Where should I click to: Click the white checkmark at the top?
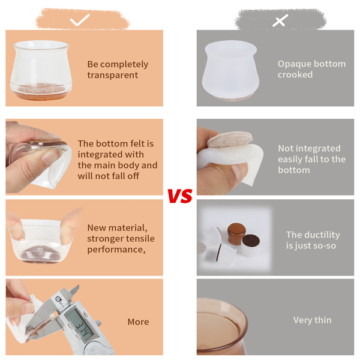(79, 20)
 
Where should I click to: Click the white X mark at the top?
(280, 20)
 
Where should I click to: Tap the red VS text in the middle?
(180, 196)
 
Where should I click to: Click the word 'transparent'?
(113, 75)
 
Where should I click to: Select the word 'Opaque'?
(293, 64)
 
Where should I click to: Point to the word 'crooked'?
(295, 74)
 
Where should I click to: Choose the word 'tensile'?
(140, 239)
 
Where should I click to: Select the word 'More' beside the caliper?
(138, 322)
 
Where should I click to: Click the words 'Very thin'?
(312, 320)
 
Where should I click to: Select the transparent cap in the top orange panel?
(41, 70)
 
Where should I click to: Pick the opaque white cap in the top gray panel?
(230, 70)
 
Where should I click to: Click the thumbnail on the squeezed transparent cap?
(49, 157)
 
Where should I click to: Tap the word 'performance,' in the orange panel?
(116, 250)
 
